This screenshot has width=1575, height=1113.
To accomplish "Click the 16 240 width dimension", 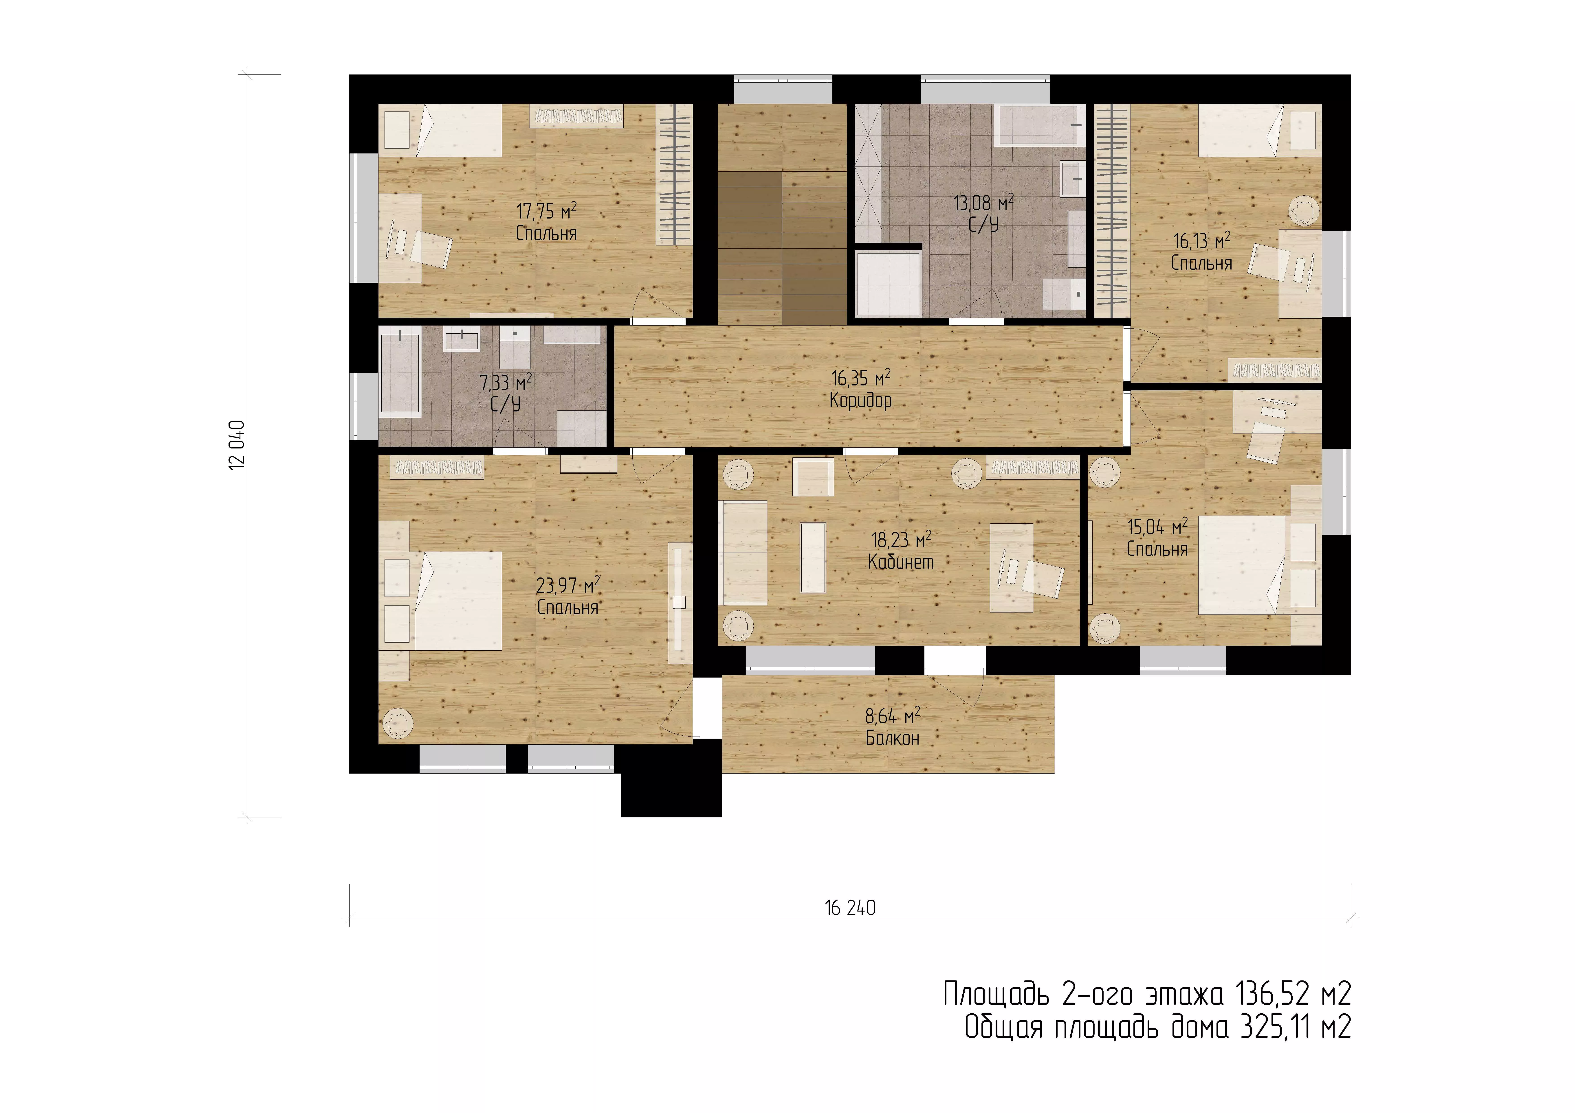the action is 850,908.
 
